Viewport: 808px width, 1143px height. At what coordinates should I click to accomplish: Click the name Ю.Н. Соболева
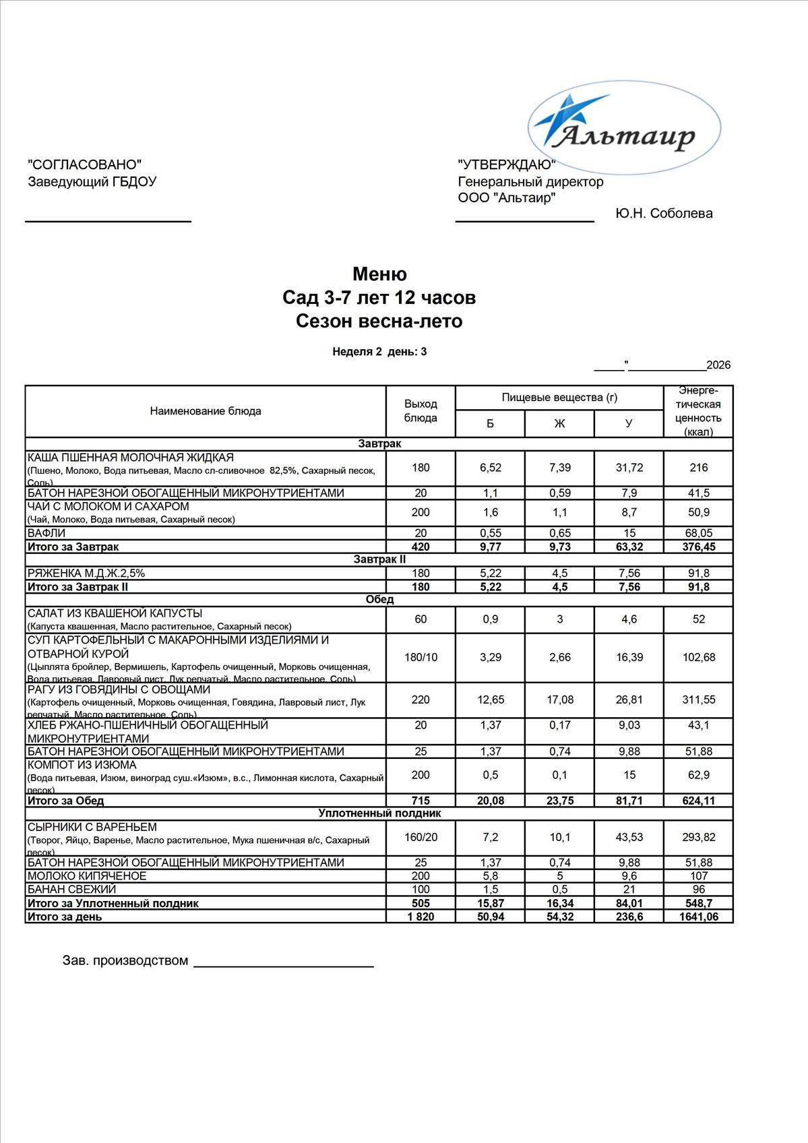point(664,214)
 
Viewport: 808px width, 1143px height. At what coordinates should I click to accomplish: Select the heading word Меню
point(379,274)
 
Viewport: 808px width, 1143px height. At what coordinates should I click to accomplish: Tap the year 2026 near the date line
point(718,365)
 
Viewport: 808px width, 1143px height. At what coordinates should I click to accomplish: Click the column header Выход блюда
point(421,410)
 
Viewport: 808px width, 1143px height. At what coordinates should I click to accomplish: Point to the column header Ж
point(559,424)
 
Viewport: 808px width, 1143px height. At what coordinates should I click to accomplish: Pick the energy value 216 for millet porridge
point(698,468)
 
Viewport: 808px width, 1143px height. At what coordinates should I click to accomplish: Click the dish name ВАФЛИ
point(46,533)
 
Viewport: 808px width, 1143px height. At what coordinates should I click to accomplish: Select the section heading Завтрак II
point(379,559)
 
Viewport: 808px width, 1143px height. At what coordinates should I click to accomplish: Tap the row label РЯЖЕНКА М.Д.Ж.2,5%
point(86,574)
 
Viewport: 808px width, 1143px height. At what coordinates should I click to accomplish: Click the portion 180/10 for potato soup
point(421,657)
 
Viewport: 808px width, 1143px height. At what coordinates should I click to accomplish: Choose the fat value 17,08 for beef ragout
point(559,700)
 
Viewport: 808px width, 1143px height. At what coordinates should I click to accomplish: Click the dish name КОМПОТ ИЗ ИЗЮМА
point(82,765)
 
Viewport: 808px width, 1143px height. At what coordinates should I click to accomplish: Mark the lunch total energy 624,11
point(698,801)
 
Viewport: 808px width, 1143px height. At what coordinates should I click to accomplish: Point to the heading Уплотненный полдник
point(379,813)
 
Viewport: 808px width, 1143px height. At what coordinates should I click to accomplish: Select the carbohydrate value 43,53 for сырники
point(629,837)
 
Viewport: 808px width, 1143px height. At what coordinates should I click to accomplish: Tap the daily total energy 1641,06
point(698,917)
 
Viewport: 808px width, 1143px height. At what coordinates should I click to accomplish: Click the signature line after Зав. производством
point(283,966)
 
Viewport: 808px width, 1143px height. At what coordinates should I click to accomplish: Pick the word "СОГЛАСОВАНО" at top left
point(85,164)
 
